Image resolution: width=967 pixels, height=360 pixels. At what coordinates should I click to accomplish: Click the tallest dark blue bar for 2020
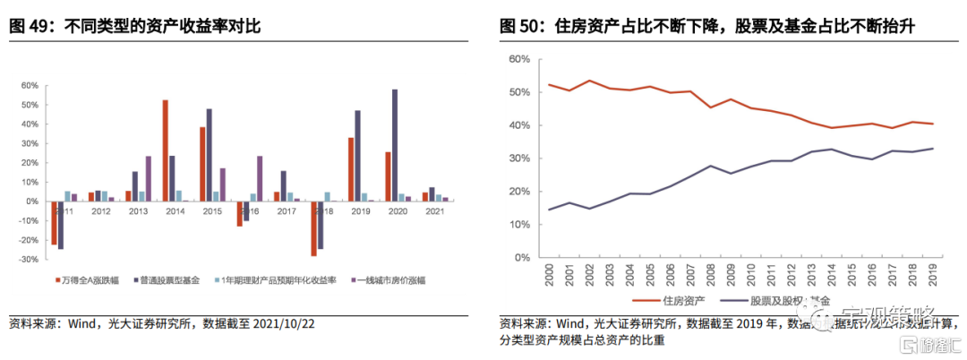[x=395, y=145]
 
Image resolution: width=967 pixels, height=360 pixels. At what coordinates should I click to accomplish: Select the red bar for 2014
[x=166, y=150]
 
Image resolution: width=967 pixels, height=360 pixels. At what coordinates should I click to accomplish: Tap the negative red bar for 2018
[x=314, y=228]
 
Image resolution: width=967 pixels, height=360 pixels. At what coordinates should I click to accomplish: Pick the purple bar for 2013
[x=148, y=178]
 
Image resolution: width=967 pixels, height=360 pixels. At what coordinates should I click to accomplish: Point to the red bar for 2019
[x=351, y=169]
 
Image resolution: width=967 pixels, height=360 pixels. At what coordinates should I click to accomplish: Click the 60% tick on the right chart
[x=520, y=59]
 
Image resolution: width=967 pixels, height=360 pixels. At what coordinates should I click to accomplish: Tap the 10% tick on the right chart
[x=520, y=225]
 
